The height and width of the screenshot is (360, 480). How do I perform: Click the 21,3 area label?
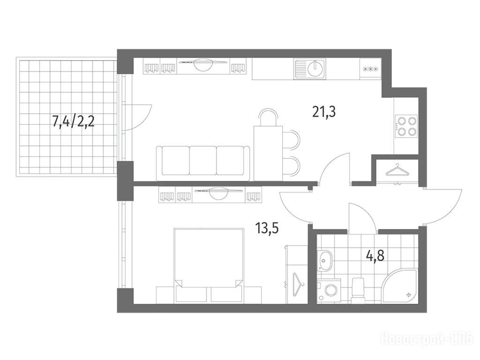[x=324, y=112]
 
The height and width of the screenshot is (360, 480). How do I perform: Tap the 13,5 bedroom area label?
[x=267, y=228]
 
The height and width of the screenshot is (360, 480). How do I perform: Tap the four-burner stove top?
[x=406, y=126]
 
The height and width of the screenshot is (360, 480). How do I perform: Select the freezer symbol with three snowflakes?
[x=370, y=69]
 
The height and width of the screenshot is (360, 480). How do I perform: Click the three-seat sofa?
[x=203, y=163]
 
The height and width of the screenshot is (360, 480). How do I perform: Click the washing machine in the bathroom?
[x=329, y=290]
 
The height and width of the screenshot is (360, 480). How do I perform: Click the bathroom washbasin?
[x=324, y=260]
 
